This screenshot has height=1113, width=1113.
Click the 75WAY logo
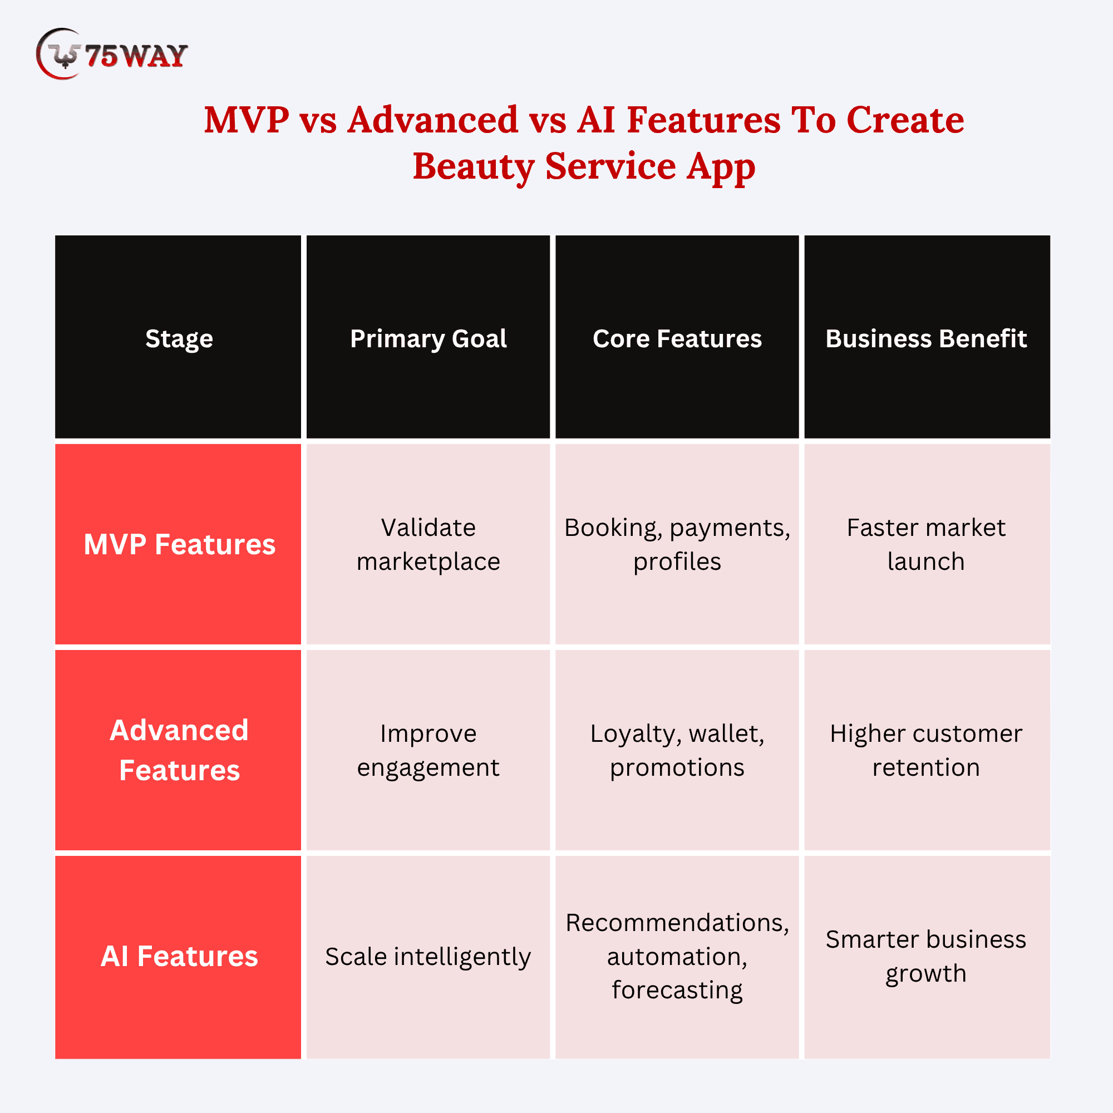(112, 53)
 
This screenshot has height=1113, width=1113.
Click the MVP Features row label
(179, 544)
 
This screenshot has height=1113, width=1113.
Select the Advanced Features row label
(179, 750)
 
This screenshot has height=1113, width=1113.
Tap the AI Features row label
(179, 956)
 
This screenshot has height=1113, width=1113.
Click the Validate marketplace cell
(428, 544)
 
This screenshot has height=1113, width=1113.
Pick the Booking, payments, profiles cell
(677, 544)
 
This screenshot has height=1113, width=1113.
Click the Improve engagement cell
(428, 750)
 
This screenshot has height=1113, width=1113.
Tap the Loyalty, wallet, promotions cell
(677, 750)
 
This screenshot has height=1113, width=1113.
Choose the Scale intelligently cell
(428, 956)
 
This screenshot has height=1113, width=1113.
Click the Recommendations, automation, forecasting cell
(677, 956)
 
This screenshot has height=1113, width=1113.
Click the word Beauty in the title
(473, 166)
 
